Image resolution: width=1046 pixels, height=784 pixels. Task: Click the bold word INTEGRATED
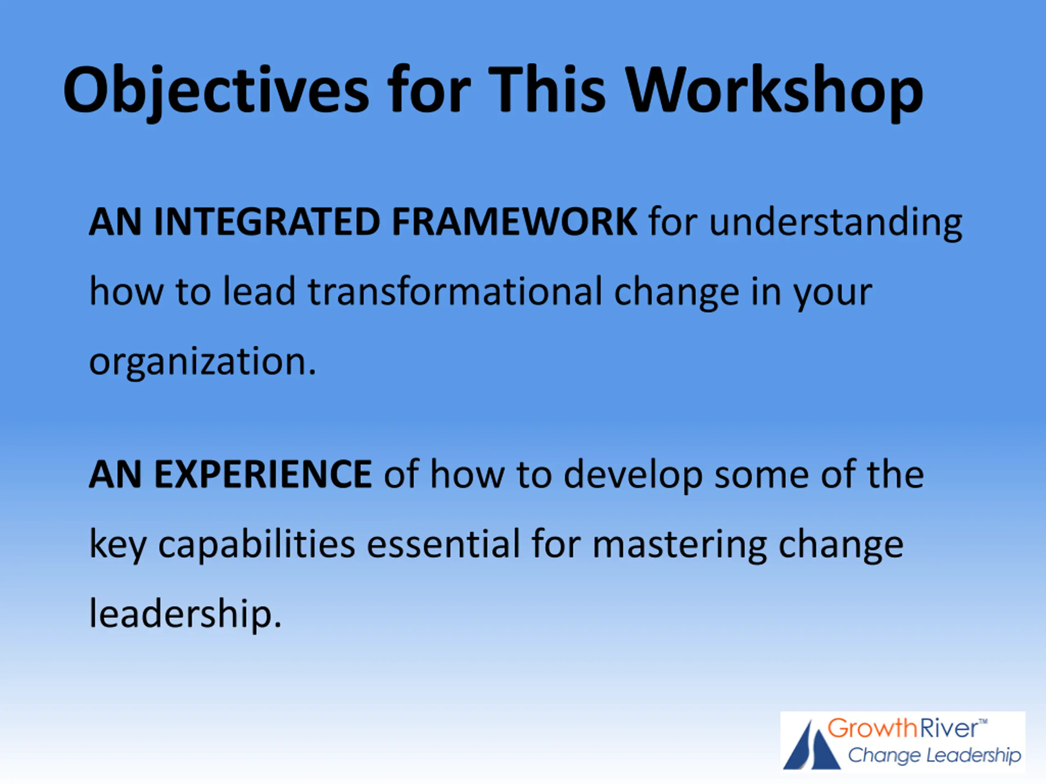pos(267,222)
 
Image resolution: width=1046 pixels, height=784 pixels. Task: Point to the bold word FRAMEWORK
pos(514,222)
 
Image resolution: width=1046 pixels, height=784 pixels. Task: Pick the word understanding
pos(836,223)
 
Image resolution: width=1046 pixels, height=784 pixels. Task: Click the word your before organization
pos(832,295)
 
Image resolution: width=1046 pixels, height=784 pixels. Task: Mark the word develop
pos(633,475)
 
